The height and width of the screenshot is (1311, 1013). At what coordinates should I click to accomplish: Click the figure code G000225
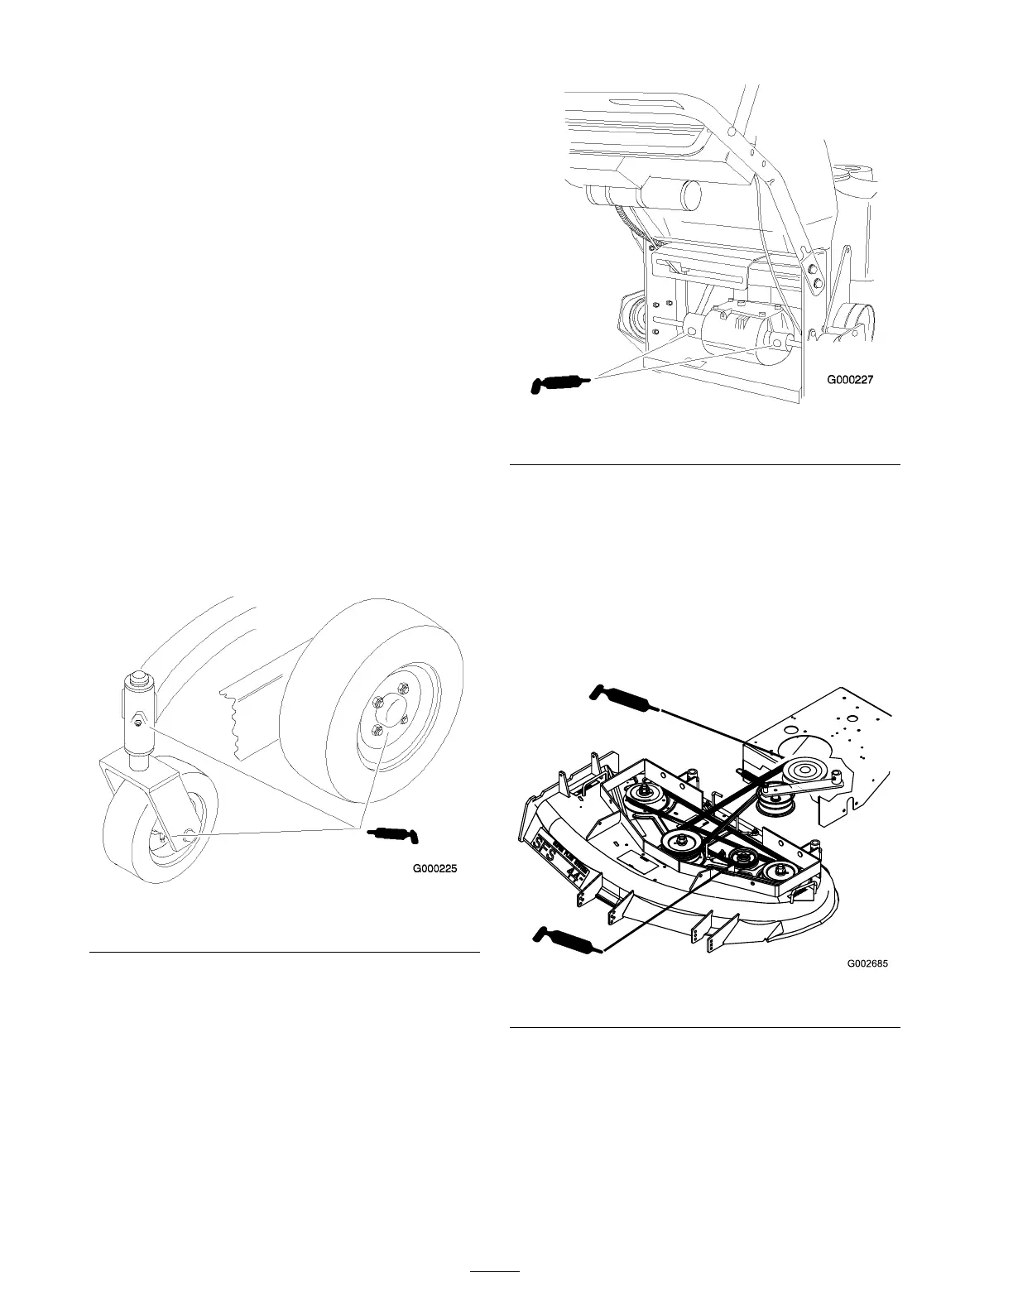(x=434, y=869)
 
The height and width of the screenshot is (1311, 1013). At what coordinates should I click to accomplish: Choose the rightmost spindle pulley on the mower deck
(x=780, y=872)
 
